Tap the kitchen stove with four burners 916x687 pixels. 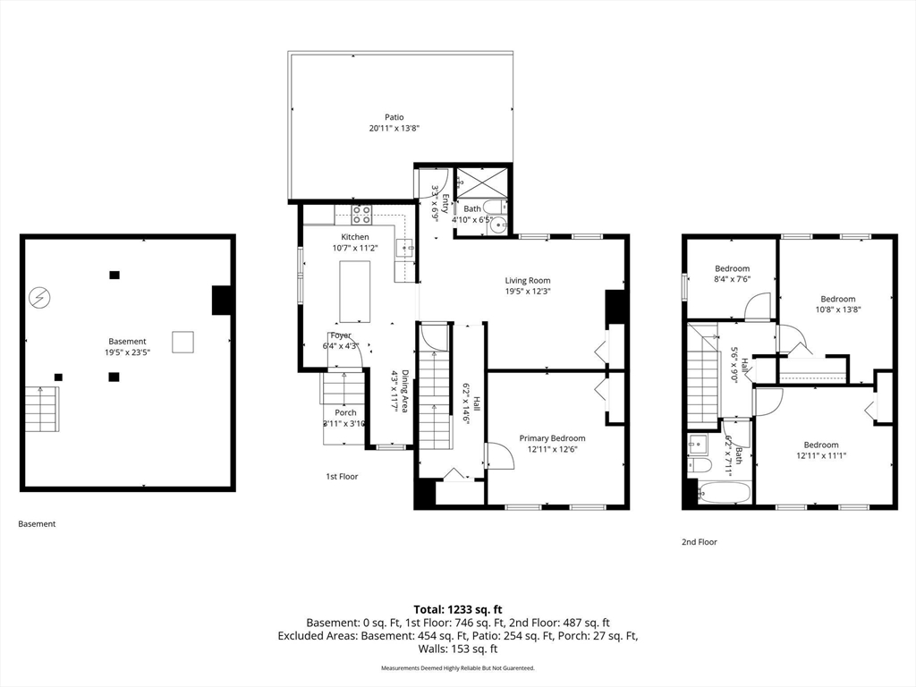click(x=361, y=214)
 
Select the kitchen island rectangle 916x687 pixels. click(x=355, y=292)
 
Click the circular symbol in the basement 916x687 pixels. click(x=39, y=297)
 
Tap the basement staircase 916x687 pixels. click(x=41, y=409)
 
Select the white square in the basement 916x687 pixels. click(x=182, y=342)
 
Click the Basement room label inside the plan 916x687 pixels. click(x=127, y=341)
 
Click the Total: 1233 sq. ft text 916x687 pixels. click(x=458, y=608)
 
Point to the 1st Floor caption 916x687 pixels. click(x=342, y=477)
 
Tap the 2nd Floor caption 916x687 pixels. click(x=700, y=542)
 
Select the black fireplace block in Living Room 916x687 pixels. click(x=615, y=308)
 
